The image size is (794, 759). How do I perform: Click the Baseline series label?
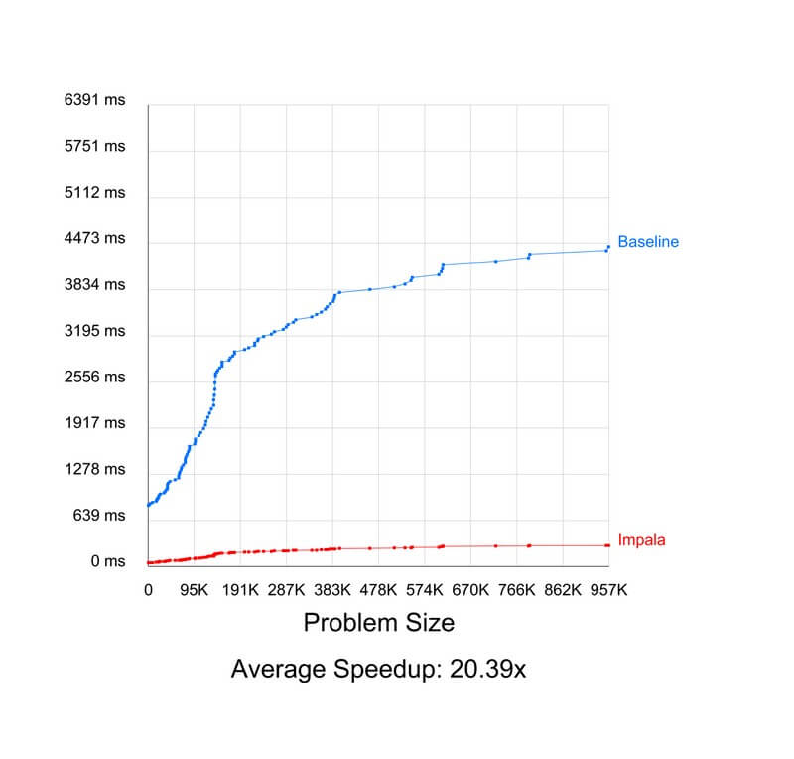click(x=648, y=241)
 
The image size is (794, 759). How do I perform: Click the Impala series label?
click(x=641, y=540)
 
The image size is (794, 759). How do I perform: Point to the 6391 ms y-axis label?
click(x=94, y=100)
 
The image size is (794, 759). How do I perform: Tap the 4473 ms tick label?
click(x=94, y=238)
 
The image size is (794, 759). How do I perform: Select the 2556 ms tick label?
click(x=94, y=377)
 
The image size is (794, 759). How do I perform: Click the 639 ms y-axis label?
click(x=98, y=515)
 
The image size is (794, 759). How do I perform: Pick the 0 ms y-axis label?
click(x=107, y=561)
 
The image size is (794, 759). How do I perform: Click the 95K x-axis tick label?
click(x=194, y=589)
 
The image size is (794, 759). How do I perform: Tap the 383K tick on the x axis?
click(x=331, y=589)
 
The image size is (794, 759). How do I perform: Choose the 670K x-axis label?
click(x=470, y=589)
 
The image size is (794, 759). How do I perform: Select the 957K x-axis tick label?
click(x=608, y=589)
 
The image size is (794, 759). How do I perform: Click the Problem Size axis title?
click(x=378, y=623)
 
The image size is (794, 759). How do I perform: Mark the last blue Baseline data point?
click(x=608, y=247)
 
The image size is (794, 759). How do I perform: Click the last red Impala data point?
click(x=608, y=545)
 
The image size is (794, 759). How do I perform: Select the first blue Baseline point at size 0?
click(x=148, y=505)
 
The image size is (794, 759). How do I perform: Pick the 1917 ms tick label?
click(x=94, y=422)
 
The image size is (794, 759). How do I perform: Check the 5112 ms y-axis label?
click(x=94, y=192)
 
